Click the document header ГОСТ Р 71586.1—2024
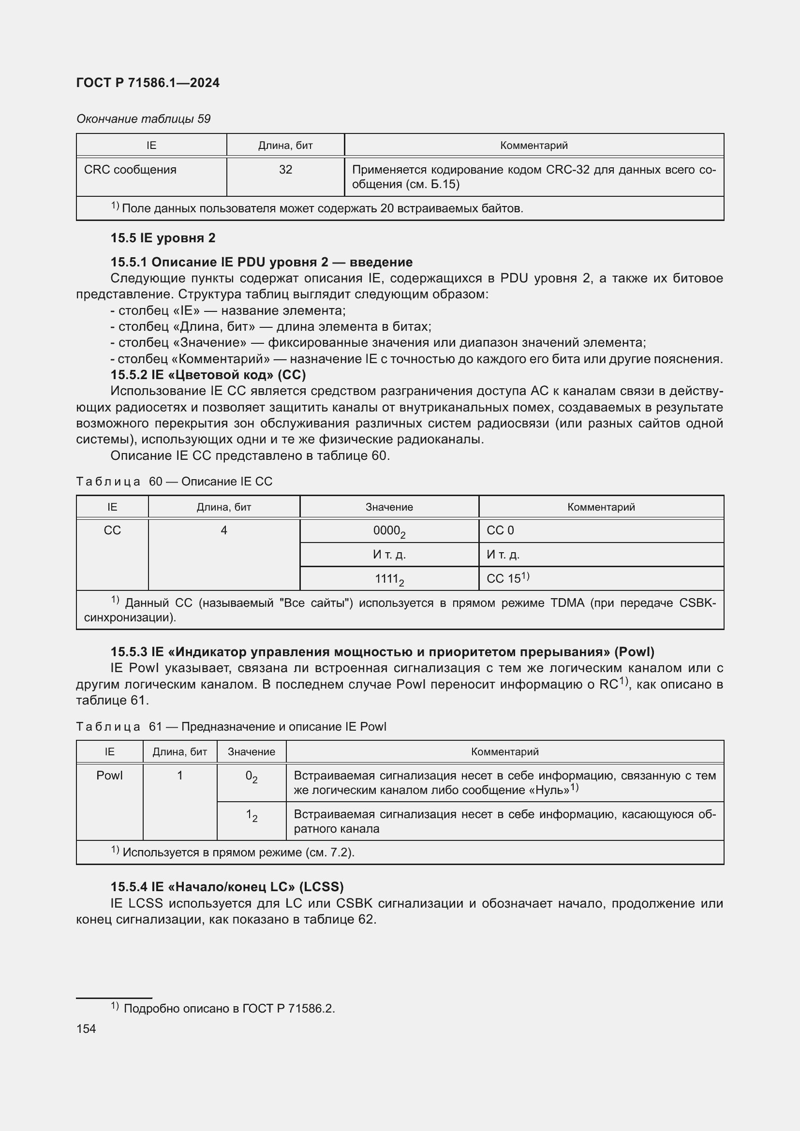pyautogui.click(x=148, y=83)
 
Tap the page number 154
pyautogui.click(x=86, y=1028)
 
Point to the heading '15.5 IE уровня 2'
pyautogui.click(x=163, y=238)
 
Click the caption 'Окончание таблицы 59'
pyautogui.click(x=143, y=119)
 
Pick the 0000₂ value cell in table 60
pyautogui.click(x=389, y=531)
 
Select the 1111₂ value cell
pyautogui.click(x=389, y=579)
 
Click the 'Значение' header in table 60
pyautogui.click(x=389, y=507)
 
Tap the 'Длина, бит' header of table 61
pyautogui.click(x=180, y=752)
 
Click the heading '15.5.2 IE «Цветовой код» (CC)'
pyautogui.click(x=208, y=375)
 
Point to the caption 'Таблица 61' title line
pyautogui.click(x=231, y=727)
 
